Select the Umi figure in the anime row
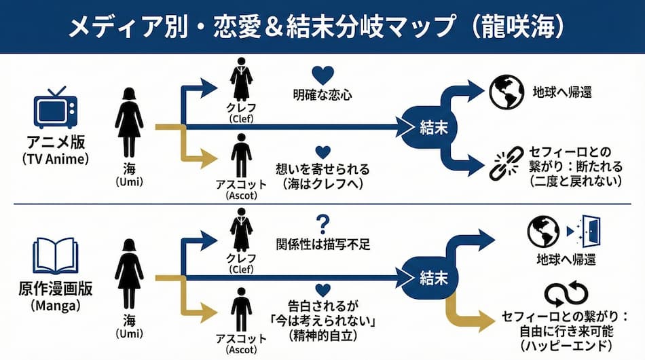coord(129,122)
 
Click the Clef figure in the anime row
coord(242,84)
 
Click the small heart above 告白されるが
coord(323,291)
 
